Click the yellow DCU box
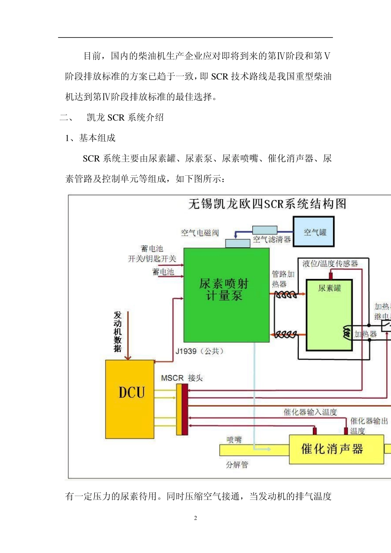coord(130,399)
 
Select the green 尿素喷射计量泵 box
coord(226,295)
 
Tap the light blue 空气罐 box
coord(313,232)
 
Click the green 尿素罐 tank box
coord(329,315)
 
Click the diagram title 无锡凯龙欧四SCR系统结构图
coord(267,204)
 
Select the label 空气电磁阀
coord(200,233)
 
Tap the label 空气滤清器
coord(272,239)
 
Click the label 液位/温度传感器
coord(330,263)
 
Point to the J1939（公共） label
coord(200,351)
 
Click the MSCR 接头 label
coord(182,378)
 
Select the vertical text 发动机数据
coord(118,332)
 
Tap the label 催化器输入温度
coord(310,412)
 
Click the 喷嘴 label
coord(234,440)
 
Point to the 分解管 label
coord(237,465)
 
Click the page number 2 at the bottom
coord(195,518)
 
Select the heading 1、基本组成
coord(90,138)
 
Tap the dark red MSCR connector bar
coord(185,409)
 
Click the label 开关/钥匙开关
coord(152,258)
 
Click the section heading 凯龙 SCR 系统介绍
coord(125,118)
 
